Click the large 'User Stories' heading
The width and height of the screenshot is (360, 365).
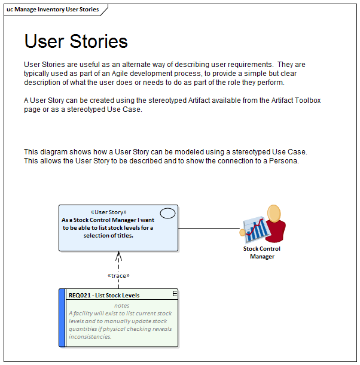pos(76,41)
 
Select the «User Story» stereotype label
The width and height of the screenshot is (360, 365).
pos(108,212)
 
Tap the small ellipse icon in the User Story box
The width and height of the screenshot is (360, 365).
pos(168,213)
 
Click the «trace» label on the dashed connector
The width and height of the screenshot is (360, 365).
pos(118,275)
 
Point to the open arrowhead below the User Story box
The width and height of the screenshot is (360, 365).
pos(118,256)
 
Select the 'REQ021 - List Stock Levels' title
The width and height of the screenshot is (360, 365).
pos(104,296)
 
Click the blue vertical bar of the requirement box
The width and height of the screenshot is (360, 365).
pos(62,318)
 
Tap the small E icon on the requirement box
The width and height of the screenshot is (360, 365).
pos(175,293)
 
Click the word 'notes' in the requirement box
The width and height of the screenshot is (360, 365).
pos(121,306)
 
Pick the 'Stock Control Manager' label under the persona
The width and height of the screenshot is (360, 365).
pos(261,253)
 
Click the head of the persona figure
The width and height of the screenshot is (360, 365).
pos(274,213)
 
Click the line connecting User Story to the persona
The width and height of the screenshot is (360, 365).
pos(209,228)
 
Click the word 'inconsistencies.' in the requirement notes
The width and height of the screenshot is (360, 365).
pos(90,337)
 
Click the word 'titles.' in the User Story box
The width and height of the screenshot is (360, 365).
pos(123,235)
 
